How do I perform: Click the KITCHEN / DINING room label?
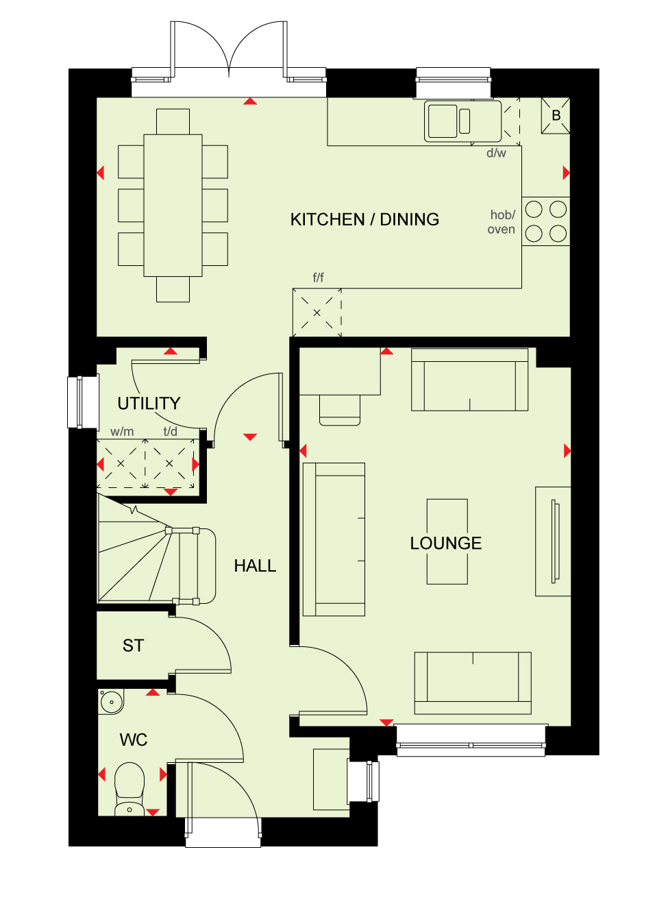[364, 219]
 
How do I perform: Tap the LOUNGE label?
[446, 544]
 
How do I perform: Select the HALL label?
[255, 565]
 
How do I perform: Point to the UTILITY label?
[149, 403]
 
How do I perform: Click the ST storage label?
[133, 646]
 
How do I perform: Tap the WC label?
[133, 740]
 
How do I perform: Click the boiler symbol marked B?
[556, 116]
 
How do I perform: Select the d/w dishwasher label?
[496, 153]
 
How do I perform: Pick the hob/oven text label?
[502, 222]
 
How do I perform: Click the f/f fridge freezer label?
[318, 278]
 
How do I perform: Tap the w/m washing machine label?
[122, 431]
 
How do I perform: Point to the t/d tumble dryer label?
[171, 431]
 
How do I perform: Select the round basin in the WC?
[111, 703]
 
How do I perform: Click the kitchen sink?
[462, 121]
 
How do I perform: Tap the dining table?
[173, 206]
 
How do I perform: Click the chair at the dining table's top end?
[173, 122]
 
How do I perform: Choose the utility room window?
[83, 402]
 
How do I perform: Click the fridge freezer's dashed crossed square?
[317, 313]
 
